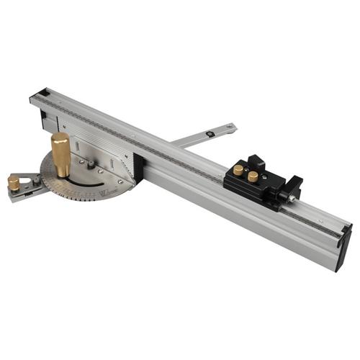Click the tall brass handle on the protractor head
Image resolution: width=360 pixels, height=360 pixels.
pos(61,153)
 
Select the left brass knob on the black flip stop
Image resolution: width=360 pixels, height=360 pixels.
pos(238,170)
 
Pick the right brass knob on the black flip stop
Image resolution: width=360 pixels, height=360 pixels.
pos(253,176)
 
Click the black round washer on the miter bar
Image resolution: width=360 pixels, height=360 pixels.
pos(209,133)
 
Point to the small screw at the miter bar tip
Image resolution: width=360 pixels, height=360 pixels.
pos(229,128)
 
